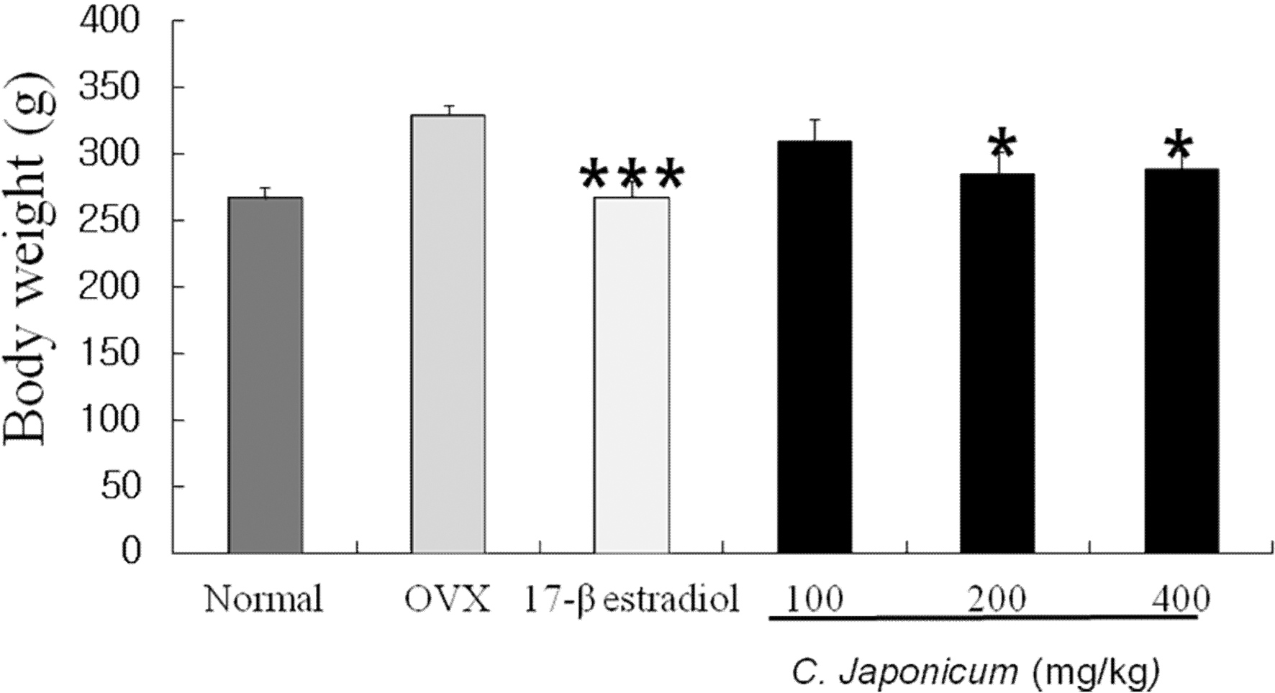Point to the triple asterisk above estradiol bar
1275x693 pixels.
pos(632,175)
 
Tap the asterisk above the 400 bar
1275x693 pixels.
pos(1179,147)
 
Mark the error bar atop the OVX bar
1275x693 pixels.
pos(448,110)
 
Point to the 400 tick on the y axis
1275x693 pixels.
pos(109,22)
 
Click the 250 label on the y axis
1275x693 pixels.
pos(109,221)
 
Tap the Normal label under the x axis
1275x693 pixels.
pos(263,600)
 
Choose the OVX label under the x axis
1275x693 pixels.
pos(448,600)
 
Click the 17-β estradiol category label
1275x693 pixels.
pos(631,600)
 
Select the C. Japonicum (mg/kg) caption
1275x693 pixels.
pos(976,673)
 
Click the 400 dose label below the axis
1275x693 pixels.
pos(1181,598)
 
